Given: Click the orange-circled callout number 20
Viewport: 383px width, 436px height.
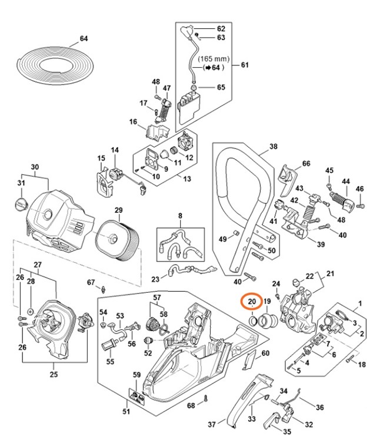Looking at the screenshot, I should pyautogui.click(x=252, y=302).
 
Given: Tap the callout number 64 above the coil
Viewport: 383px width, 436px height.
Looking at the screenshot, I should pyautogui.click(x=84, y=39).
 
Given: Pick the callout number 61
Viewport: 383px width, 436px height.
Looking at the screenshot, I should pyautogui.click(x=245, y=65).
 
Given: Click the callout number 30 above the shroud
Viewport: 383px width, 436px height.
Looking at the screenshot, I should pyautogui.click(x=35, y=167).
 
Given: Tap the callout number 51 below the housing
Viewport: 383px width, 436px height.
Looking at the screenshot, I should pyautogui.click(x=125, y=411).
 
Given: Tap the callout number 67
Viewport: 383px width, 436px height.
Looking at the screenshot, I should pyautogui.click(x=91, y=282).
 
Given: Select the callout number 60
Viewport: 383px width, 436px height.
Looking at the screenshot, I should pyautogui.click(x=265, y=353).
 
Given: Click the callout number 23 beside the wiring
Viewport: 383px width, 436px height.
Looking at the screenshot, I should pyautogui.click(x=156, y=279).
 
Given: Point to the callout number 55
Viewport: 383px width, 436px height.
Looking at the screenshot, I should pyautogui.click(x=110, y=361).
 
